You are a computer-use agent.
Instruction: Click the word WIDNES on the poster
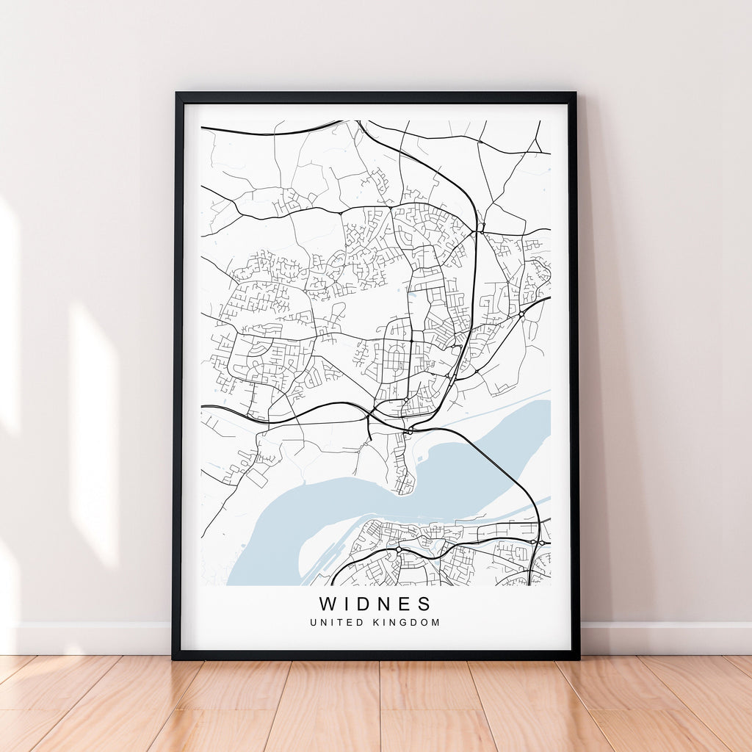pos(375,604)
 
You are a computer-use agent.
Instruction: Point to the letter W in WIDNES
pos(327,604)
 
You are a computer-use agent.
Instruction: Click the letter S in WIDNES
pos(424,604)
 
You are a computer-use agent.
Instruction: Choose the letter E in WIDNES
pos(405,604)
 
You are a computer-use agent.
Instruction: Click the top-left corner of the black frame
pos(177,94)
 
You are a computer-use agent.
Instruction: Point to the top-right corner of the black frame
pos(575,94)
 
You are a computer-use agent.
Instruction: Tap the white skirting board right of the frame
pos(661,637)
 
